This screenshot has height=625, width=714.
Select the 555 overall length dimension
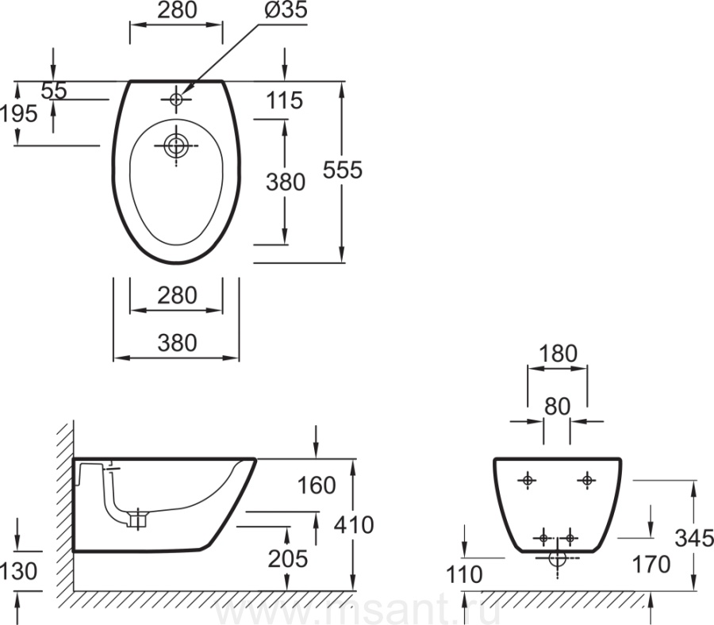tap(343, 170)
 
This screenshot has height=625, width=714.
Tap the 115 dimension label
tap(285, 101)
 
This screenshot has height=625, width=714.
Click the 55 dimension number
tap(54, 90)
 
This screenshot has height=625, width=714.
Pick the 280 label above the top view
tap(176, 11)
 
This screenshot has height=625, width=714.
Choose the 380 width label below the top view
tap(176, 343)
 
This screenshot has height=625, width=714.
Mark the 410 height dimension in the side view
tap(355, 524)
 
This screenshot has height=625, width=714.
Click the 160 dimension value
tap(317, 485)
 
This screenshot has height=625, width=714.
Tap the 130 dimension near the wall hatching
tap(19, 571)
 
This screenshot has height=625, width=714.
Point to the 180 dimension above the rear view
tap(559, 354)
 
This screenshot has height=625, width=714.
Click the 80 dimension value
tap(558, 406)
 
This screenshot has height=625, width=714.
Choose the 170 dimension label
tap(651, 565)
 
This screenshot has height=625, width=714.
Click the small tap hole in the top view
tap(176, 99)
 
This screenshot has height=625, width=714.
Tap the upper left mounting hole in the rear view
tap(528, 480)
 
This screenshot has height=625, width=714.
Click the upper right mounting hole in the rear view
tap(587, 479)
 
